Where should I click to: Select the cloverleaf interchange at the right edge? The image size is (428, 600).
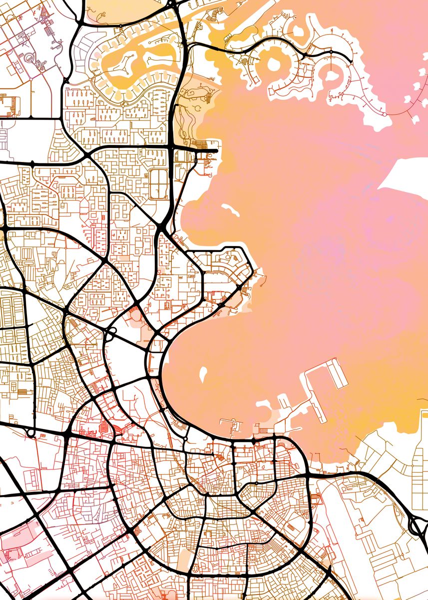(x=418, y=525)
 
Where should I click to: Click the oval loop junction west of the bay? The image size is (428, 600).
(x=110, y=334)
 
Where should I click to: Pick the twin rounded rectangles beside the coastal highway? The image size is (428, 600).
(x=158, y=183)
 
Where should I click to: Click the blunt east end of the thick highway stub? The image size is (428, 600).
(x=217, y=150)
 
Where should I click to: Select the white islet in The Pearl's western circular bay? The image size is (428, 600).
(x=274, y=64)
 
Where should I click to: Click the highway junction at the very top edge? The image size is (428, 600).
(x=173, y=4)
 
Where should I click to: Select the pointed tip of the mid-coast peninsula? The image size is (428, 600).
(x=260, y=272)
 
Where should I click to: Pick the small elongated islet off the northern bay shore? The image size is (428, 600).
(x=230, y=209)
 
